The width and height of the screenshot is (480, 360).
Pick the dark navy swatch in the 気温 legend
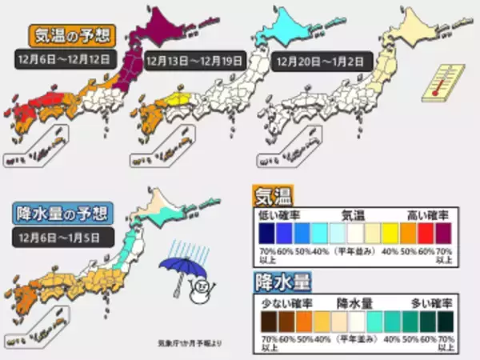click(x=266, y=234)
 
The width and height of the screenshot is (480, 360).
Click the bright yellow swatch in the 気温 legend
click(x=388, y=234)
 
